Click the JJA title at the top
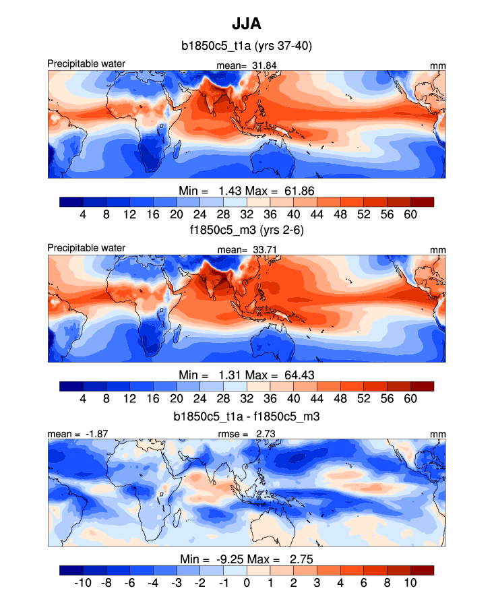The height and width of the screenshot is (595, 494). [x=246, y=24]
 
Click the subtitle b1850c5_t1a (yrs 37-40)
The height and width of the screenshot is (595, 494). [x=246, y=46]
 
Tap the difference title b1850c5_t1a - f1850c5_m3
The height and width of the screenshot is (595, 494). [x=246, y=416]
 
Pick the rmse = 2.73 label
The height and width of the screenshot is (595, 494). [x=247, y=434]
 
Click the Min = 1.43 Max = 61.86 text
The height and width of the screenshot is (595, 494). [x=247, y=190]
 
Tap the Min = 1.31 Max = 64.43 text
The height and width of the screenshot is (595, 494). [x=247, y=375]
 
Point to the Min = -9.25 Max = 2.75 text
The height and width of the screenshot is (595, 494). [x=247, y=559]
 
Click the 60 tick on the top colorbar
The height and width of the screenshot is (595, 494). [x=410, y=214]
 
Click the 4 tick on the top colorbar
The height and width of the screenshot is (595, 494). [x=83, y=214]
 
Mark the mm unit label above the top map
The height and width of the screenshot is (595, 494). [x=438, y=65]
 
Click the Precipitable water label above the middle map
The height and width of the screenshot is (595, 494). [x=86, y=248]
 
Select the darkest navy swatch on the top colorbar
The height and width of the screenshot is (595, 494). [x=71, y=201]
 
